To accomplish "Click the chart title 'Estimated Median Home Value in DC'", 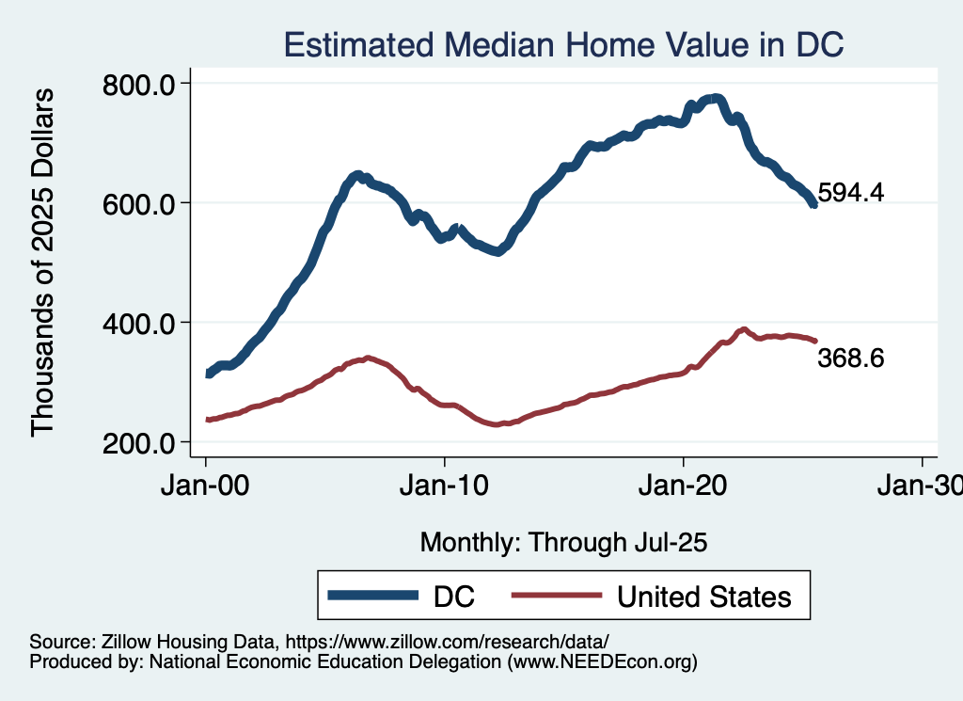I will coord(563,44).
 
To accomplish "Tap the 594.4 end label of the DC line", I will coord(851,193).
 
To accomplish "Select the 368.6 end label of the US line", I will coord(851,358).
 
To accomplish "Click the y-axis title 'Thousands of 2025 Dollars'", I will coord(43,263).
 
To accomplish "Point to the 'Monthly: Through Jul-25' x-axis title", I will coord(563,543).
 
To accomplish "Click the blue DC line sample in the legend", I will coord(372,596).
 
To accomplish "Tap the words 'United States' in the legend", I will coord(703,596).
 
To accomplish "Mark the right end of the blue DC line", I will coord(813,204).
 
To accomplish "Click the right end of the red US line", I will coord(815,341).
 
